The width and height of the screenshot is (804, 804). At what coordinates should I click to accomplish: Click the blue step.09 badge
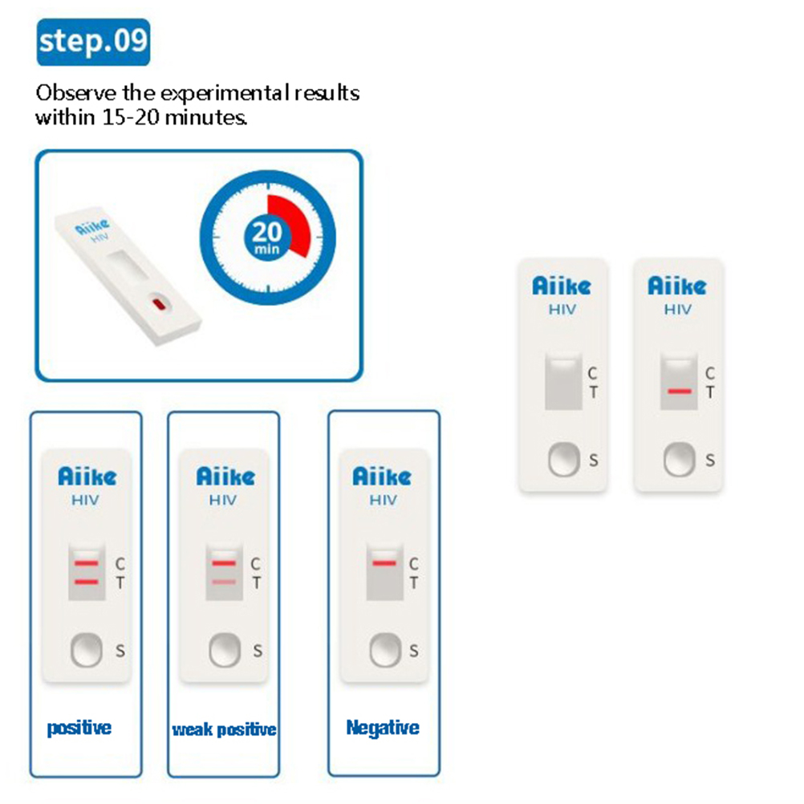tap(93, 42)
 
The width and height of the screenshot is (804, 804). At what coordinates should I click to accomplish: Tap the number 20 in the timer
tap(267, 232)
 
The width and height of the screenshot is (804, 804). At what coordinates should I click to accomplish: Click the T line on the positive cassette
tap(86, 582)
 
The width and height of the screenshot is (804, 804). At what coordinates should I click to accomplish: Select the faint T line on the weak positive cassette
tap(224, 582)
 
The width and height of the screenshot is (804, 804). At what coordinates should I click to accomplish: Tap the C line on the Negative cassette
tap(384, 563)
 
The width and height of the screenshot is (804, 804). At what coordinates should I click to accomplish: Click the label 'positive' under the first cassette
tap(79, 728)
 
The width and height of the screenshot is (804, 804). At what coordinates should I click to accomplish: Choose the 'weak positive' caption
tap(224, 729)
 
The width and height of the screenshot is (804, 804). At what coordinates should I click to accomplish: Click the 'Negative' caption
tap(383, 728)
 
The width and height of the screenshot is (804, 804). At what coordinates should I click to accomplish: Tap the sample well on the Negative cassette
tap(385, 650)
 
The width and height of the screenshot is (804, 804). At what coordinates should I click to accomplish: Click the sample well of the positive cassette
tap(86, 650)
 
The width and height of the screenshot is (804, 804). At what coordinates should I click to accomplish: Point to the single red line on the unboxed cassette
tap(680, 392)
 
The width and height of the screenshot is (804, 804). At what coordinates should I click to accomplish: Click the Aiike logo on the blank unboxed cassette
tap(562, 286)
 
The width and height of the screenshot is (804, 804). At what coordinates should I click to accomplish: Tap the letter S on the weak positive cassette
tap(258, 651)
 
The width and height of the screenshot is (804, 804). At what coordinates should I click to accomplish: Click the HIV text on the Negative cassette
tap(383, 500)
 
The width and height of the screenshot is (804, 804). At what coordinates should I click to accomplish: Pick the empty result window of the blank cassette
tap(563, 381)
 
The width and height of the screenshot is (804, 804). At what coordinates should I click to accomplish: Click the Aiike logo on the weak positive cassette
tap(225, 477)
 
